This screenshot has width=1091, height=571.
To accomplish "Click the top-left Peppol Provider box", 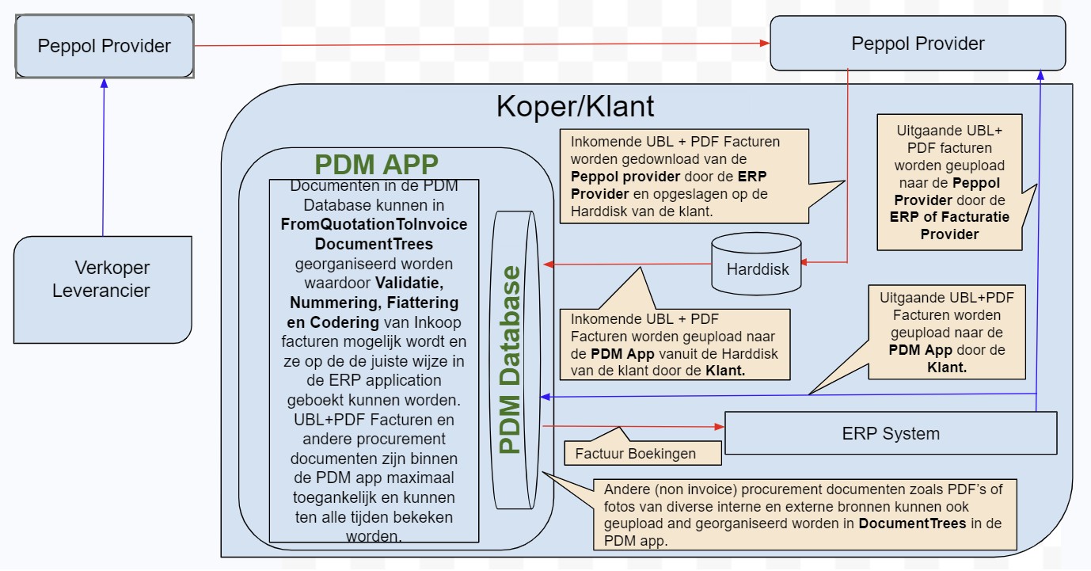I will point(105,46).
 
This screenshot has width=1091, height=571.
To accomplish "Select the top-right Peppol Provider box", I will point(918,44).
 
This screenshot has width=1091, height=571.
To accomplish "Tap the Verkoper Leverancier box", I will point(102,280).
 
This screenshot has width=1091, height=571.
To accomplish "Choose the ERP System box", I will point(891,433).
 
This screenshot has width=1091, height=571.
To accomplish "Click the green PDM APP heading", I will point(376,165).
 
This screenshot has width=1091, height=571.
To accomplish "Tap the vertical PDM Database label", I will point(511,360).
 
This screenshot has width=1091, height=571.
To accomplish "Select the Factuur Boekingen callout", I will point(636,454).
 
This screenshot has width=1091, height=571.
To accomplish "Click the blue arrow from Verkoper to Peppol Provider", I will point(103,158).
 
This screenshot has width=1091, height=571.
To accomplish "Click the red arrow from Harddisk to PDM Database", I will point(625,265).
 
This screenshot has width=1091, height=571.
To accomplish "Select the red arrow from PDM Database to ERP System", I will point(633,426).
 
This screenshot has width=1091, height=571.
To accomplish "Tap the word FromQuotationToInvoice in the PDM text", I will point(374,224).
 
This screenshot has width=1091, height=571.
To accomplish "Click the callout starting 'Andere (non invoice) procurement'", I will point(804,514).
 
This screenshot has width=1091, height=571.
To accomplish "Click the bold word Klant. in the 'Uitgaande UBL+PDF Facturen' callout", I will point(946,367).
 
